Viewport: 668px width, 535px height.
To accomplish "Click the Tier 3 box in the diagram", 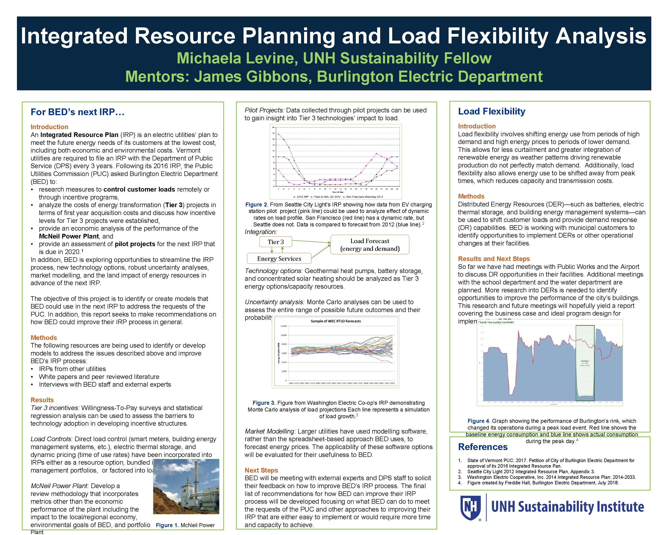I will coord(276,242).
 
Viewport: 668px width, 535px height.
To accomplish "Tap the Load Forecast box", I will coord(370,245).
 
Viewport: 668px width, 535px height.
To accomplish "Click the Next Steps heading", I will coord(261,470).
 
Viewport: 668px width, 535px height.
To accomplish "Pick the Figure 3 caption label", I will coord(264,403).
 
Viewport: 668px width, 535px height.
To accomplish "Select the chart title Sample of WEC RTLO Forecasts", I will coord(336,321).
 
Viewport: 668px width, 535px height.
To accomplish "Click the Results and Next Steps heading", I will coord(494,259).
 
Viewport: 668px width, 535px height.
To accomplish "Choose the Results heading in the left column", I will coord(42,400).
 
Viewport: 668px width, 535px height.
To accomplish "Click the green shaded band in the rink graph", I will coord(585,363).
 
